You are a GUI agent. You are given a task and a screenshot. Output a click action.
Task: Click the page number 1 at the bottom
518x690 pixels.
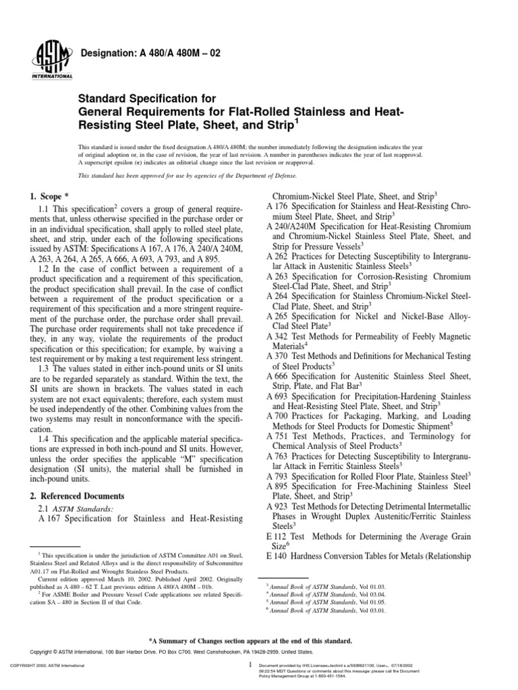pyautogui.click(x=250, y=664)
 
